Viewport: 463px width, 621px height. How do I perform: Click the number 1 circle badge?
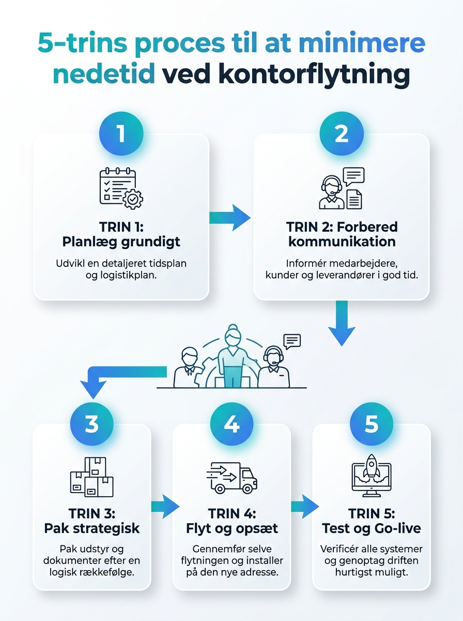(x=121, y=134)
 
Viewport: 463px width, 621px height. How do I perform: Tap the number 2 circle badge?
(x=342, y=134)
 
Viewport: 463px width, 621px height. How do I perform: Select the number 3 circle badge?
(x=92, y=424)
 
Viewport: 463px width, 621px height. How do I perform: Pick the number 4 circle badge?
(x=231, y=424)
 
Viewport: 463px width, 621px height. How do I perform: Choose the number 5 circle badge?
(x=372, y=424)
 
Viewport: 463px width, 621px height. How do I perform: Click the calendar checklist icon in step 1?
(x=121, y=188)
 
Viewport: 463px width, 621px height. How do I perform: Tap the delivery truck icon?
(x=231, y=478)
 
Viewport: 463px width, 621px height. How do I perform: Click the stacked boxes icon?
(x=92, y=477)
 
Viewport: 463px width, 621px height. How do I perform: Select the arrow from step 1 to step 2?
(x=230, y=218)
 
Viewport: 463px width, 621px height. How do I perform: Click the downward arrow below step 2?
(x=342, y=323)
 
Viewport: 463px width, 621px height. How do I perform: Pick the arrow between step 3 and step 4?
(x=165, y=506)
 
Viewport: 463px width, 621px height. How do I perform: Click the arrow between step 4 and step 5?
(x=305, y=506)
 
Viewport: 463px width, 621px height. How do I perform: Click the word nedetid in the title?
(x=104, y=74)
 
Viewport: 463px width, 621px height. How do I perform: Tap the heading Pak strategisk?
(x=92, y=528)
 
